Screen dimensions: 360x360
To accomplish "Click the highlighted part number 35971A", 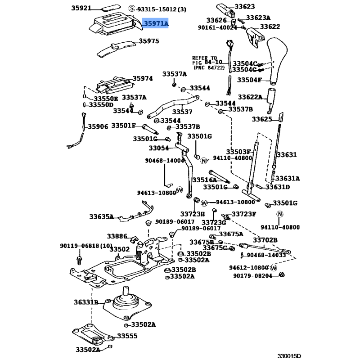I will click(x=156, y=23).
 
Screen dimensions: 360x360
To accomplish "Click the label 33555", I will click(x=127, y=336).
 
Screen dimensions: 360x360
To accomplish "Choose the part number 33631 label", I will click(x=286, y=155).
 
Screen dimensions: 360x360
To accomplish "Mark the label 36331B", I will click(x=86, y=302).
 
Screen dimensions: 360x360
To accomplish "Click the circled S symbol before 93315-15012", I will click(x=131, y=9).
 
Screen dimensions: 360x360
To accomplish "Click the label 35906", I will click(x=98, y=127).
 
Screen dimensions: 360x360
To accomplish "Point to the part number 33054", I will click(x=158, y=148).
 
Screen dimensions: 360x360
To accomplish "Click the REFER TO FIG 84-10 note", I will click(x=207, y=63).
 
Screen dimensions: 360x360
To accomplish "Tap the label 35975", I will click(x=148, y=41).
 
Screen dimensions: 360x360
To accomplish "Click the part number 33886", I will click(x=117, y=236).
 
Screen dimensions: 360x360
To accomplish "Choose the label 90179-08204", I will click(x=253, y=276).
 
